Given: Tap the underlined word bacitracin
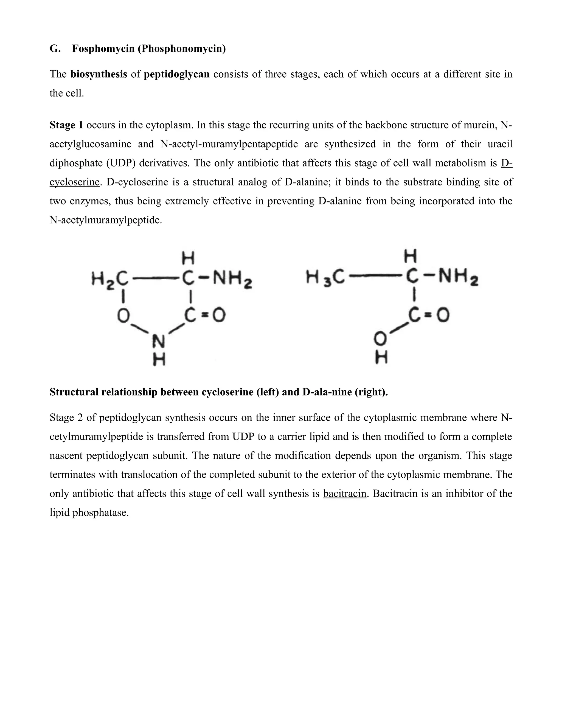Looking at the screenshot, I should click(x=345, y=493).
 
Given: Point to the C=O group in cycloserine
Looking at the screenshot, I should click(x=204, y=315).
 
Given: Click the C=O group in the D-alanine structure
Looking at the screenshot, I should click(x=429, y=315).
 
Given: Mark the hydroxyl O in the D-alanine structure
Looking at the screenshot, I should click(x=381, y=340).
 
